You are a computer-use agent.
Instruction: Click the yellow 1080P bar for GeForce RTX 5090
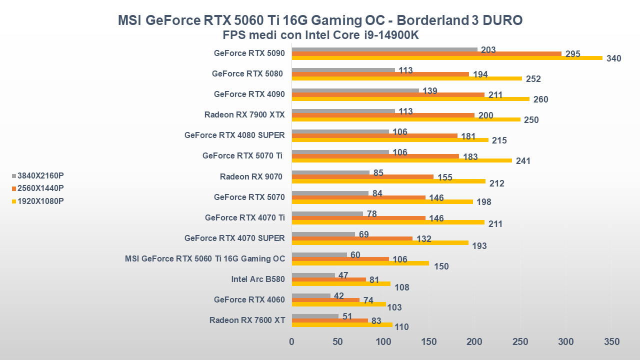[x=447, y=58]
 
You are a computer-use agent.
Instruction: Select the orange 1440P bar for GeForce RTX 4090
[x=388, y=94]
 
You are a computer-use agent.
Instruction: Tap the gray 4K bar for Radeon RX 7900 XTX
[x=343, y=111]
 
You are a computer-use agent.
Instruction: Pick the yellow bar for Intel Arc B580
[x=341, y=283]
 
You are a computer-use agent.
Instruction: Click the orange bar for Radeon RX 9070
[x=362, y=176]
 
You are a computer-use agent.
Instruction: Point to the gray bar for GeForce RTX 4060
[x=311, y=295]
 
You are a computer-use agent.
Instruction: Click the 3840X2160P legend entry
[x=40, y=175]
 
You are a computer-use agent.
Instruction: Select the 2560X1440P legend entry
[x=40, y=188]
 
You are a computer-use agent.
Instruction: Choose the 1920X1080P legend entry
[x=40, y=201]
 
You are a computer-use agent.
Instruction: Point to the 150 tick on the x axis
[x=429, y=342]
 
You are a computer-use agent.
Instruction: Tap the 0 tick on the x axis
[x=292, y=342]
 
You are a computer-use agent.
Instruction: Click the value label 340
[x=613, y=58]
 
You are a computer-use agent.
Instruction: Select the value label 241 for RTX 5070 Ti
[x=523, y=161]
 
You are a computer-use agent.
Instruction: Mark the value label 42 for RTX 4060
[x=338, y=295]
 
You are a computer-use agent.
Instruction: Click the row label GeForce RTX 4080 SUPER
[x=234, y=135]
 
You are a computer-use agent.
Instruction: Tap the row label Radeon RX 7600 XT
[x=247, y=320]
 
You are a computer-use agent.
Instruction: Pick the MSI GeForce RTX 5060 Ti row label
[x=205, y=258]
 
